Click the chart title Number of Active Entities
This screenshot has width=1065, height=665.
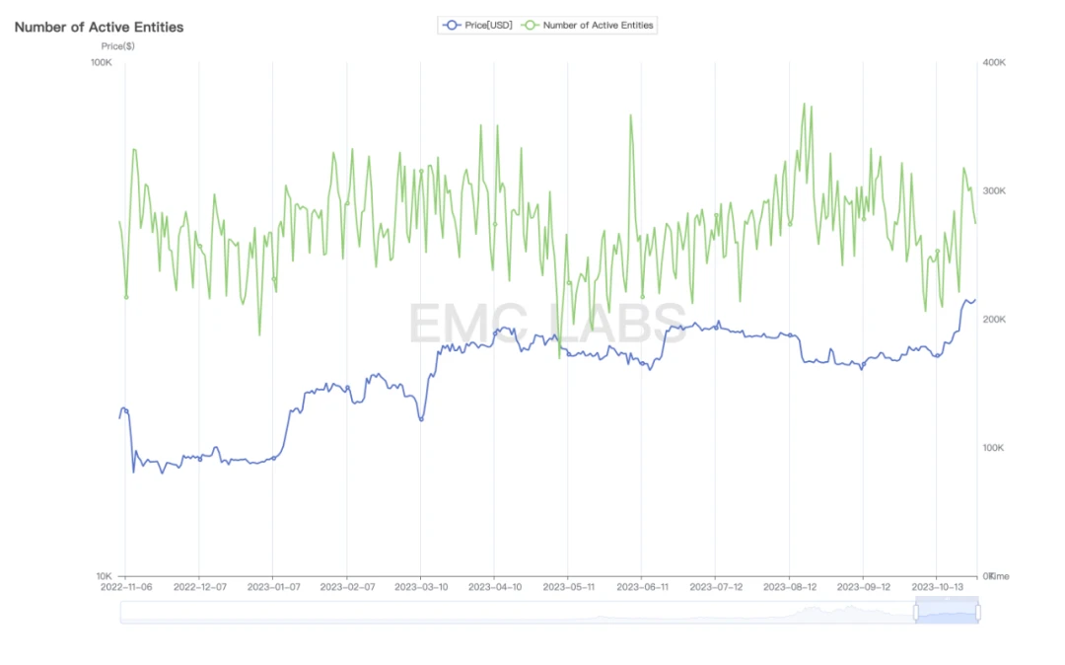99,27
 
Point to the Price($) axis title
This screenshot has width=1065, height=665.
118,46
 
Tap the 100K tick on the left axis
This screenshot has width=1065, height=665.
101,62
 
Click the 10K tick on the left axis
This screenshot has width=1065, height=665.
104,576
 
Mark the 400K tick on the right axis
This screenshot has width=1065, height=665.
994,62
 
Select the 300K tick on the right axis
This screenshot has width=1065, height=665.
994,190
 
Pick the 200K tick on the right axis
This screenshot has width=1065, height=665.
994,320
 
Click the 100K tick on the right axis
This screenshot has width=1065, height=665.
994,448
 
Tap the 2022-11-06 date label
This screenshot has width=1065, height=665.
126,586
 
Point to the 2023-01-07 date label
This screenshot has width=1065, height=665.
273,586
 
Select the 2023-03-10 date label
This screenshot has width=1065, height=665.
421,586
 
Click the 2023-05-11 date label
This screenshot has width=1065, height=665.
568,586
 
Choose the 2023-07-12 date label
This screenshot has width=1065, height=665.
716,586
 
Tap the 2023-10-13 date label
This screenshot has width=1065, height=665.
937,586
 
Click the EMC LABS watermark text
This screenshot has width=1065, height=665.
547,323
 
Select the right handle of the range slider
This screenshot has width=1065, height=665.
978,612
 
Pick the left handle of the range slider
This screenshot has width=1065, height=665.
916,612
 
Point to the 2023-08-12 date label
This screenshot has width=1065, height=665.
789,586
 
